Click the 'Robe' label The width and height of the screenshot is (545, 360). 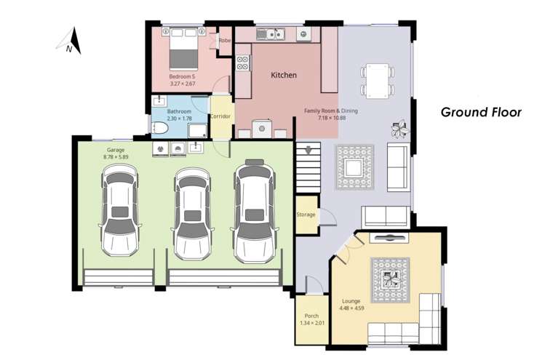coord(225,41)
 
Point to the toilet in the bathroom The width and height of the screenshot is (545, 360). coord(162,128)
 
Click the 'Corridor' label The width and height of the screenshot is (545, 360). coord(220,116)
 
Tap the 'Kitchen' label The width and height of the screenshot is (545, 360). coord(284,75)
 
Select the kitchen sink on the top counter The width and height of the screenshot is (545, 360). coord(274,33)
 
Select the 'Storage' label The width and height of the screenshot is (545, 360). coord(306,215)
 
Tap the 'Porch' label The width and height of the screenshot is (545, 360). coord(311,316)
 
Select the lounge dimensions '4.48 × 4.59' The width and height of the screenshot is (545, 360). coord(352,308)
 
